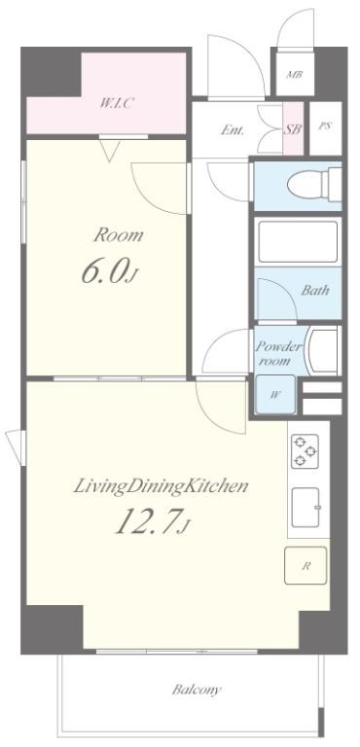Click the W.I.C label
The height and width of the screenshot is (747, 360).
click(x=116, y=102)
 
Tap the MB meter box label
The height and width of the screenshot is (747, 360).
click(x=294, y=75)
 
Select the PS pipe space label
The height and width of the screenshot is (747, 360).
click(x=325, y=127)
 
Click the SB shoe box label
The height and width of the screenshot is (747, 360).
click(x=294, y=129)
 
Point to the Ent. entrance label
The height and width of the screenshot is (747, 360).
click(x=233, y=130)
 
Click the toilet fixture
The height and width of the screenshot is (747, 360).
click(x=314, y=184)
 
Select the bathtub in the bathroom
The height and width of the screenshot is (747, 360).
click(x=298, y=241)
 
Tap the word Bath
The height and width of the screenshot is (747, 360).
click(x=314, y=290)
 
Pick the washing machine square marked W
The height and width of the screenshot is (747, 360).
click(x=274, y=395)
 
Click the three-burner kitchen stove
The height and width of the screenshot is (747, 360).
click(x=306, y=450)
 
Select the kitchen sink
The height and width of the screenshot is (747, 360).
click(x=306, y=508)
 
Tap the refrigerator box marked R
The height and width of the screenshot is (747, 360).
click(x=306, y=565)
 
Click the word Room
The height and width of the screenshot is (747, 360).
click(x=119, y=235)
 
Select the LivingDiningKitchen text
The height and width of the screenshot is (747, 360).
click(x=161, y=487)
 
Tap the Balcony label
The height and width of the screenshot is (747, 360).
click(x=197, y=690)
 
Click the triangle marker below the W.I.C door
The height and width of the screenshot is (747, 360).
click(x=110, y=153)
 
